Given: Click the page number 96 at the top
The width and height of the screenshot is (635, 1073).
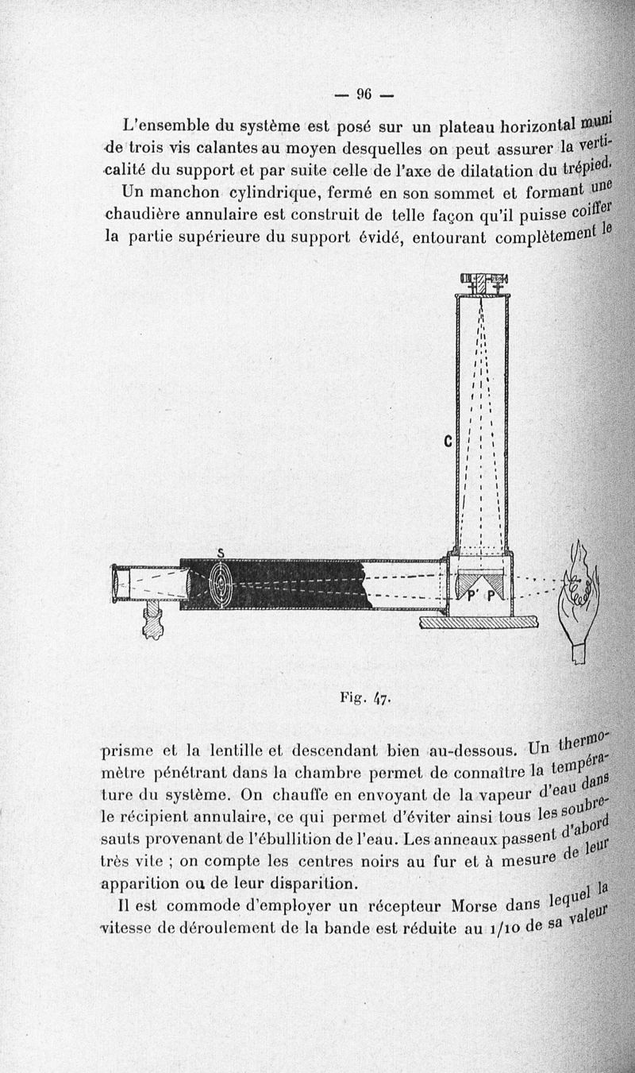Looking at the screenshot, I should [364, 95].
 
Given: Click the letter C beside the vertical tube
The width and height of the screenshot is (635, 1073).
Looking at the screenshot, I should [448, 442].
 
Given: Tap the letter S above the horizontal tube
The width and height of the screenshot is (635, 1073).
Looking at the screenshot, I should [221, 553].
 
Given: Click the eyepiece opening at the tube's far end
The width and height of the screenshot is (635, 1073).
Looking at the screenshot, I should [119, 584].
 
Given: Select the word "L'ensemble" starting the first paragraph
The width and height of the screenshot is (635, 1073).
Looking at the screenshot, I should [164, 125].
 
